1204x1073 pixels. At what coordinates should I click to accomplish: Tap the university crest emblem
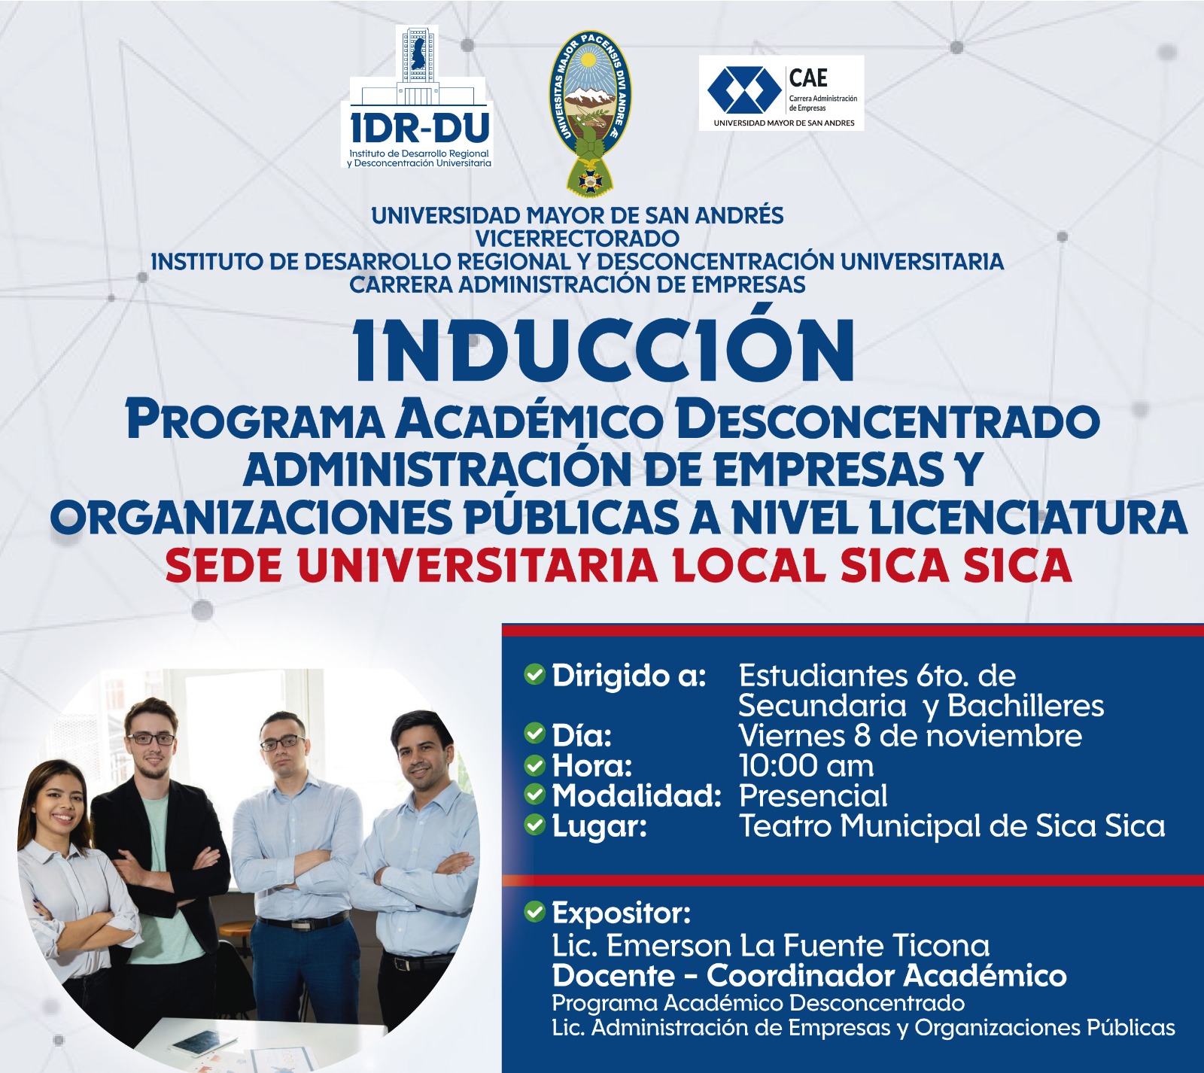591,110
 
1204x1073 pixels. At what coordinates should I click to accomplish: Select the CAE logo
781,93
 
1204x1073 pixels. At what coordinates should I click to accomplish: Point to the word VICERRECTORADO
577,239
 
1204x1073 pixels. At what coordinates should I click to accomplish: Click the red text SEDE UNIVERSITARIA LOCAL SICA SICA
619,566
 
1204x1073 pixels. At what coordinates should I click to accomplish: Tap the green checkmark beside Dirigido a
534,675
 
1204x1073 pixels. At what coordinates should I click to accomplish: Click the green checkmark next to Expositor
534,912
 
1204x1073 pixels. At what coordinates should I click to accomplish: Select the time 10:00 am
807,766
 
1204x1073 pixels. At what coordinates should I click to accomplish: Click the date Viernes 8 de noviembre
911,735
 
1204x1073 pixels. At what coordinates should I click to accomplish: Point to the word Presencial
813,795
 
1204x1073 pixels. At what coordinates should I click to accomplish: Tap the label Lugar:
600,827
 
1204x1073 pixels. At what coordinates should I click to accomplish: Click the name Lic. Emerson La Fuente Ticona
771,945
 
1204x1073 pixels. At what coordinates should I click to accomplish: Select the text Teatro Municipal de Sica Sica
952,826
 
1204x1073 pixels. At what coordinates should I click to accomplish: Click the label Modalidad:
637,796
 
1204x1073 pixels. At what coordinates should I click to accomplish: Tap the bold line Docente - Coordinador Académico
810,976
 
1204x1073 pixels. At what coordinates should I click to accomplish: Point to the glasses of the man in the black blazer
150,739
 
